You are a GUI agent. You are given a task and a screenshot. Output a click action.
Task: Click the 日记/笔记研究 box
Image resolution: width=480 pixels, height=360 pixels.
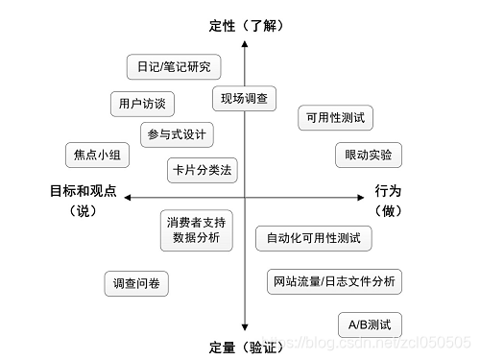coord(174,67)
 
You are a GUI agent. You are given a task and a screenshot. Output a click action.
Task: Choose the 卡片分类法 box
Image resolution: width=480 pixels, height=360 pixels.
coord(202,170)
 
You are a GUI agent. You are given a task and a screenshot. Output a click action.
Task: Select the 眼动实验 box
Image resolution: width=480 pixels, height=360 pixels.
coord(369,155)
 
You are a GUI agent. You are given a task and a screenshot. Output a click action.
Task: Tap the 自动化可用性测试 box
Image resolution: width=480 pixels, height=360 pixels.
coord(314,237)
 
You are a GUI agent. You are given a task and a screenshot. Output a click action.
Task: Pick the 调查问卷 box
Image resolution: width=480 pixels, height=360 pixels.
coord(137,283)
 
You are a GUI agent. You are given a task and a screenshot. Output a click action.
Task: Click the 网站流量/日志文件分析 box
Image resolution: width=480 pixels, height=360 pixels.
coord(332,281)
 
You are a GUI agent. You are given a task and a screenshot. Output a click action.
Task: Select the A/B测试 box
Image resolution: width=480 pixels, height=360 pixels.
coord(371,324)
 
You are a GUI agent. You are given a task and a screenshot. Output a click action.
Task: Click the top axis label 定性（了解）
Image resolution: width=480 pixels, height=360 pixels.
coord(246,25)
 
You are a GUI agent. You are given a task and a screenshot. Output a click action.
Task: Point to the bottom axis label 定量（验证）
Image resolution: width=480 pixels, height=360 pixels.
coord(247,345)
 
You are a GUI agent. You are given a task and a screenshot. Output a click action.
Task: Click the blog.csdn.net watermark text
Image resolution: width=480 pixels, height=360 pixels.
coord(384,343)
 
